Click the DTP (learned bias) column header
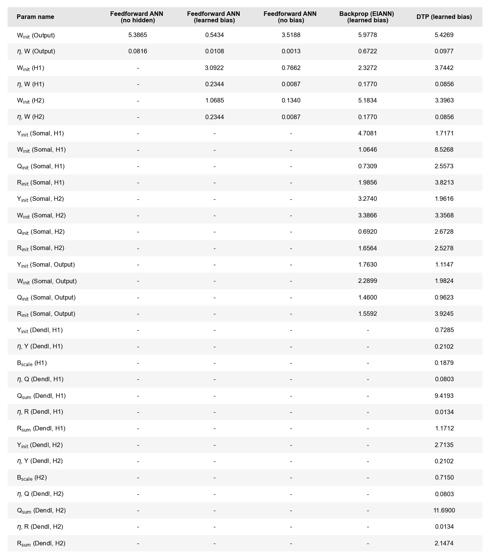444,17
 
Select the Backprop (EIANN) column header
367,17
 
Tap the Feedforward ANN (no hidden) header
137,17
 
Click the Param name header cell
35,17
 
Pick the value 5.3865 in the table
138,35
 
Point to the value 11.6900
444,511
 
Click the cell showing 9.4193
444,396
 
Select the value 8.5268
444,150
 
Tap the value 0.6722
367,51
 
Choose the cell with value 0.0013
291,51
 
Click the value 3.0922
214,68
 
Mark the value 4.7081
367,134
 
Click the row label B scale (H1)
32,363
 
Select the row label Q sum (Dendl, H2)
41,511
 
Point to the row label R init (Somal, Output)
46,314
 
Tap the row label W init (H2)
31,101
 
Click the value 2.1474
444,543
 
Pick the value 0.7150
444,478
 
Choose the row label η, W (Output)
36,51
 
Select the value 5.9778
367,35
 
